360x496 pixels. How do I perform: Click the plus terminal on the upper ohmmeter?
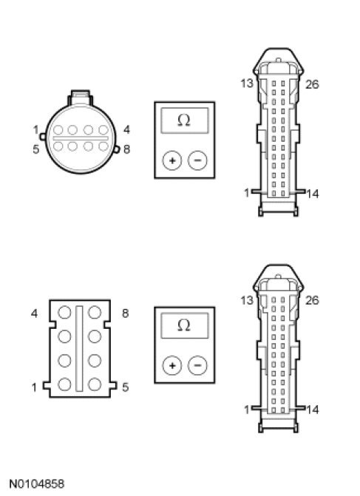click(172, 160)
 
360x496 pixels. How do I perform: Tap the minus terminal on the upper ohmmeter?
click(197, 160)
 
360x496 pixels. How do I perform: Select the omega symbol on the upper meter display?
click(184, 120)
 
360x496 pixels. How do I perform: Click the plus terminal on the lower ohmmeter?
click(172, 366)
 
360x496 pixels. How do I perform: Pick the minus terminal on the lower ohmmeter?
click(197, 366)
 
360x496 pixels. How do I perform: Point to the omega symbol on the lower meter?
click(184, 325)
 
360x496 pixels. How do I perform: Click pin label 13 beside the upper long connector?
click(247, 84)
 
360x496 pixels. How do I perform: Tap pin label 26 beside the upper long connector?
click(312, 84)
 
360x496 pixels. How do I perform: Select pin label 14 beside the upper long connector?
click(313, 194)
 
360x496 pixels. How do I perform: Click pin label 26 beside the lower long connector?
click(312, 300)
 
